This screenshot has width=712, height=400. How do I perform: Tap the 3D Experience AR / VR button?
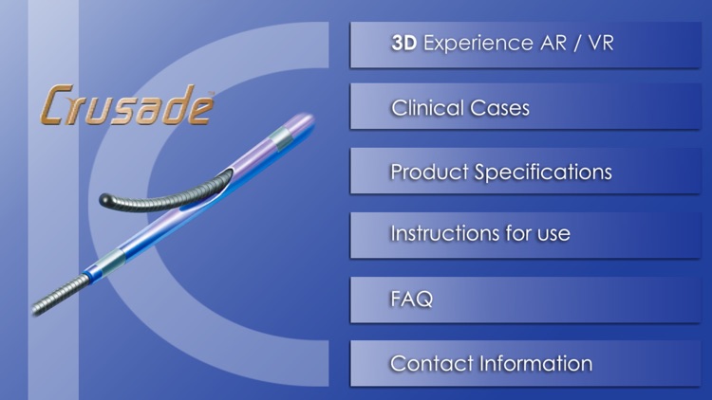[x=525, y=44]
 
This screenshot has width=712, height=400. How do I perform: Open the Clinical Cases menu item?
[x=525, y=108]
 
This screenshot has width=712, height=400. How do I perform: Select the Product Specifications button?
[x=525, y=173]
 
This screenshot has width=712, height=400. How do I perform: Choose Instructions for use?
[x=525, y=233]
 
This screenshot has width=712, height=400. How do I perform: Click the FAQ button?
[x=525, y=300]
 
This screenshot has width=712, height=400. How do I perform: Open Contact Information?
[x=525, y=364]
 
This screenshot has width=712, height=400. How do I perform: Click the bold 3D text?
[x=405, y=44]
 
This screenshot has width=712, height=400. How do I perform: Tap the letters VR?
[x=600, y=44]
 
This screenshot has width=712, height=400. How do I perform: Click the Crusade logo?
[x=126, y=105]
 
